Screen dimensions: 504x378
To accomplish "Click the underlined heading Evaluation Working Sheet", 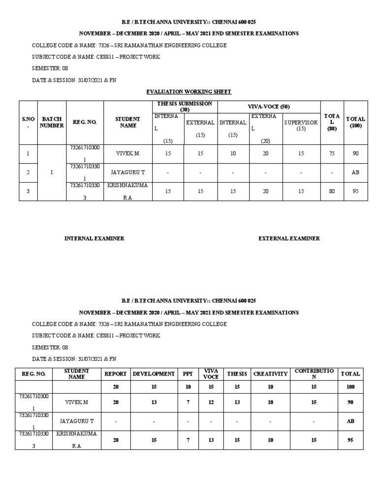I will (189, 92).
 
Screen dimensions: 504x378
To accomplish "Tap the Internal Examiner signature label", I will (94, 238).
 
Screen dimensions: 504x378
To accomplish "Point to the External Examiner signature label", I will (289, 238).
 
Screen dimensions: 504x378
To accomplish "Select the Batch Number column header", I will (52, 122).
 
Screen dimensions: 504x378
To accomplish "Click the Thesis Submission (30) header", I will (185, 106).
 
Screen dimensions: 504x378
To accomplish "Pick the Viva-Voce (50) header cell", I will (269, 106).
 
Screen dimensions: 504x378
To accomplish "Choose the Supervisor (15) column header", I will (301, 126).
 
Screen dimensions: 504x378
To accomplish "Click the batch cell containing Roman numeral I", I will (52, 172).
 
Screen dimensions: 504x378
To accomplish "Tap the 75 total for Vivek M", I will (332, 154).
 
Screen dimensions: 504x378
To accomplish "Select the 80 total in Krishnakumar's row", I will (332, 191).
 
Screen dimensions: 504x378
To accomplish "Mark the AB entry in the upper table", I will (355, 173).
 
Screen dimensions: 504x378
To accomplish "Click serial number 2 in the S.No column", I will (28, 173).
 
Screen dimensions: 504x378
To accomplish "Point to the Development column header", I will (154, 374).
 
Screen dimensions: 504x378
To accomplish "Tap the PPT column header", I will (188, 374).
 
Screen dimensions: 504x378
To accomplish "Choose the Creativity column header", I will (270, 374).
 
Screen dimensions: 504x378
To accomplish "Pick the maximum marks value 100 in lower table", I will (350, 387).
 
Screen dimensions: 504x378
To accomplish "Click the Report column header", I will (116, 374).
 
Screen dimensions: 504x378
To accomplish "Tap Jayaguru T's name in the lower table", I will (76, 421).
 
